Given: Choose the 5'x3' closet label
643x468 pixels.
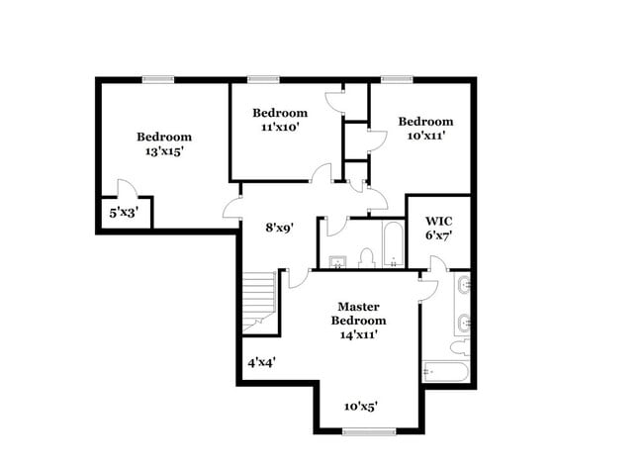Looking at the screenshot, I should [x=123, y=212].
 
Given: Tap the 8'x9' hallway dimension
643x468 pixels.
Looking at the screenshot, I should [x=278, y=227].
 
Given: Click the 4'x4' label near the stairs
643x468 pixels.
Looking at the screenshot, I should [x=261, y=362].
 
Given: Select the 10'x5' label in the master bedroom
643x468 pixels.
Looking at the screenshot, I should [x=362, y=406].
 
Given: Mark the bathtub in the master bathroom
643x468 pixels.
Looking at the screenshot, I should [x=443, y=372].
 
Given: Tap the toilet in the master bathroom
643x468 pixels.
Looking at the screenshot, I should [x=460, y=346].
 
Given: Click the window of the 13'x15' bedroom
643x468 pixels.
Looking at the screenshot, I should [x=157, y=79].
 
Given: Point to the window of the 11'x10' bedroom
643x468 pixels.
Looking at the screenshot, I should [x=262, y=79].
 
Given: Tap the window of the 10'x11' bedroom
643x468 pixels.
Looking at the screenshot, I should [x=397, y=79].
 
